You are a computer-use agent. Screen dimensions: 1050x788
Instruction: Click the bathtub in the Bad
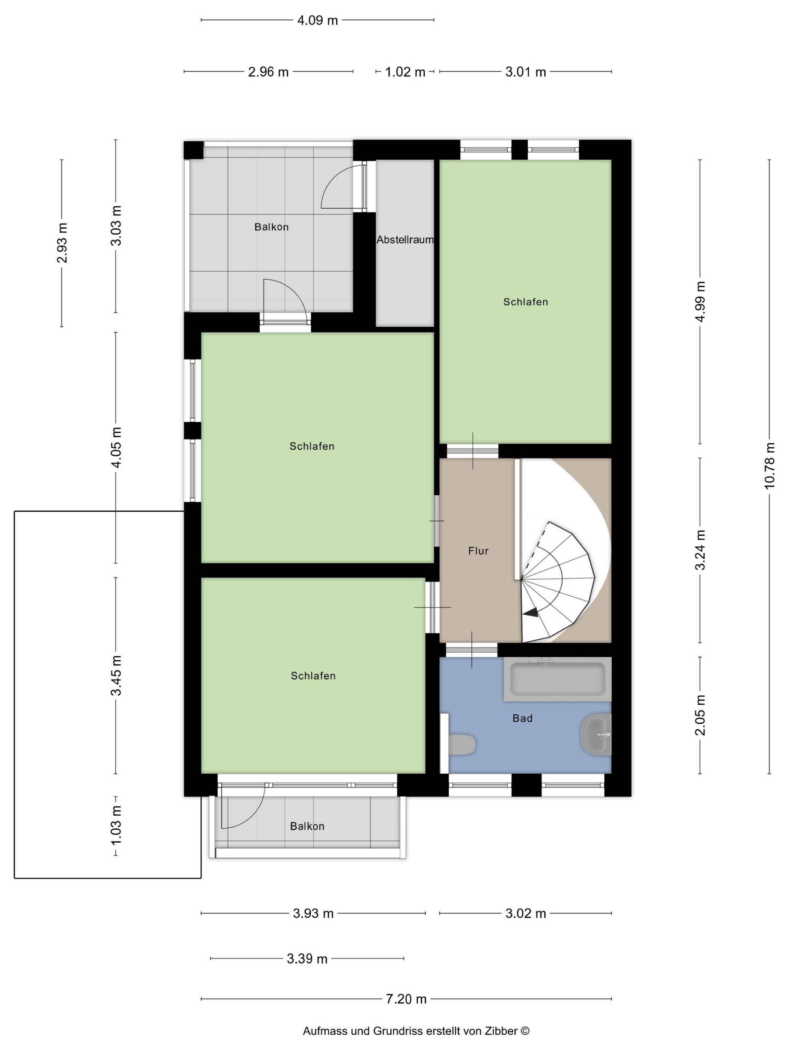click(557, 678)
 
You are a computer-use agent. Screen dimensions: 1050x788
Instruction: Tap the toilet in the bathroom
click(462, 745)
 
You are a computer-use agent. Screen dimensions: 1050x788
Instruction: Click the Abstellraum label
click(405, 240)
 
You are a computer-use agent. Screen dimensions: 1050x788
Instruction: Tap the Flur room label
click(478, 550)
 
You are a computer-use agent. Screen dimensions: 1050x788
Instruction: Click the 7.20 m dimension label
click(406, 999)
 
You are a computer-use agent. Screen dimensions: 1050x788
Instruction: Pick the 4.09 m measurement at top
click(317, 20)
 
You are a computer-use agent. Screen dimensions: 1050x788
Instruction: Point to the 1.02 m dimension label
click(405, 72)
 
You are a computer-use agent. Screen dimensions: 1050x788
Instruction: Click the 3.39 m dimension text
click(307, 959)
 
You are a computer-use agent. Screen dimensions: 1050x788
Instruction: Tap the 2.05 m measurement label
click(700, 715)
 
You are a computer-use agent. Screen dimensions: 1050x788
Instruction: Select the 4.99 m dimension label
click(700, 301)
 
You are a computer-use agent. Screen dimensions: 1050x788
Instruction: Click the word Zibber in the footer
click(500, 1031)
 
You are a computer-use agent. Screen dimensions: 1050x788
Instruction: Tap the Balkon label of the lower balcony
click(307, 826)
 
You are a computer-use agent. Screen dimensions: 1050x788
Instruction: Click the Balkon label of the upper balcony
click(271, 227)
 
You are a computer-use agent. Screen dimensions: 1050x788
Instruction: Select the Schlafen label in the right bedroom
click(525, 302)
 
